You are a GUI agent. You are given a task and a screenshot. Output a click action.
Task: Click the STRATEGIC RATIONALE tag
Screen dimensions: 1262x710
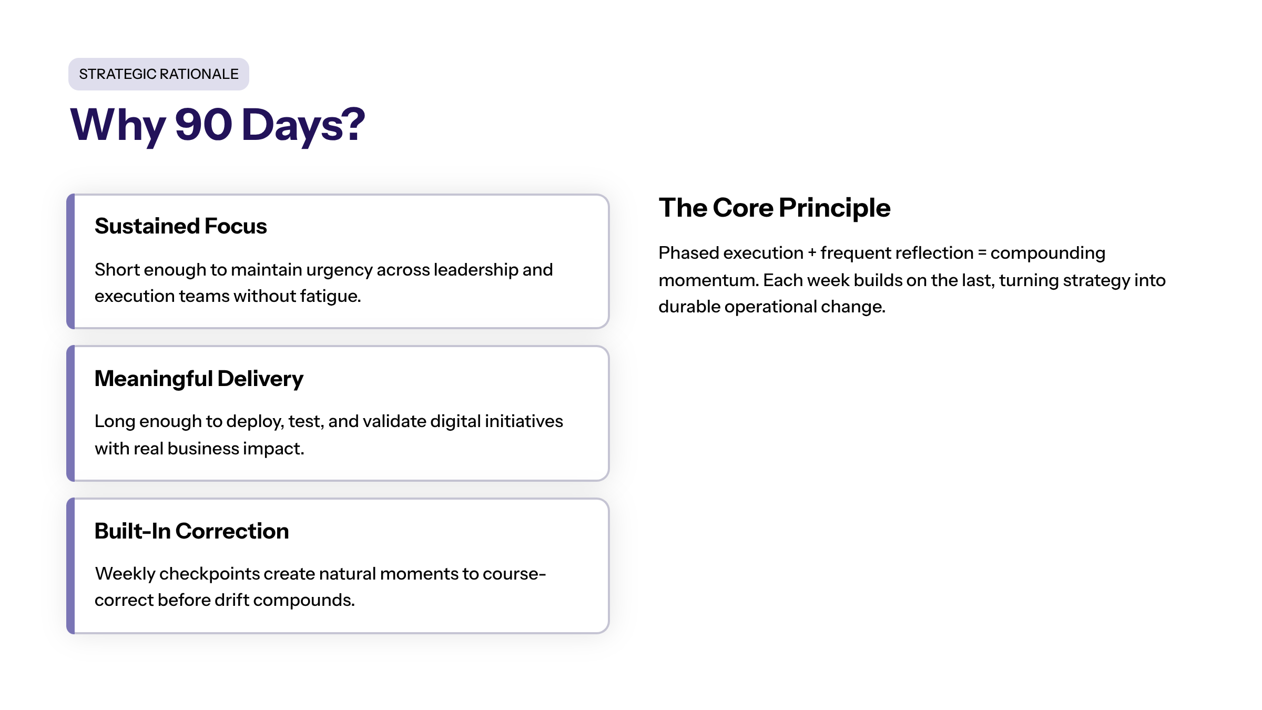click(158, 74)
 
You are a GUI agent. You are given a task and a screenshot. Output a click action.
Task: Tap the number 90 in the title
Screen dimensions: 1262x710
click(203, 125)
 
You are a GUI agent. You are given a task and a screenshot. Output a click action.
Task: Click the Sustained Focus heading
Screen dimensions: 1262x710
click(181, 226)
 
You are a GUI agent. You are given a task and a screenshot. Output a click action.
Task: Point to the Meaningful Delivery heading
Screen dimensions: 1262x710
click(199, 379)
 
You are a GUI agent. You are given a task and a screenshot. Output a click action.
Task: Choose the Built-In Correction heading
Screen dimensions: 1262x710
click(192, 531)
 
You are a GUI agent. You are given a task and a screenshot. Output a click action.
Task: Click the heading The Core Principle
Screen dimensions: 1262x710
click(775, 208)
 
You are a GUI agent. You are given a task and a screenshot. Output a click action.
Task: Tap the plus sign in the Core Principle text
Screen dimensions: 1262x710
click(812, 253)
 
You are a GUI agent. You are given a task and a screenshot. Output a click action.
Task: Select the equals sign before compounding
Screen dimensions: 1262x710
click(982, 253)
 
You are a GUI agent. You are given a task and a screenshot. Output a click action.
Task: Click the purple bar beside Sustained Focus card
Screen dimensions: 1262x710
click(70, 261)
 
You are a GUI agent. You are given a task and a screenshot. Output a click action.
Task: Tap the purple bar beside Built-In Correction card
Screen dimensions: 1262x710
click(70, 566)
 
